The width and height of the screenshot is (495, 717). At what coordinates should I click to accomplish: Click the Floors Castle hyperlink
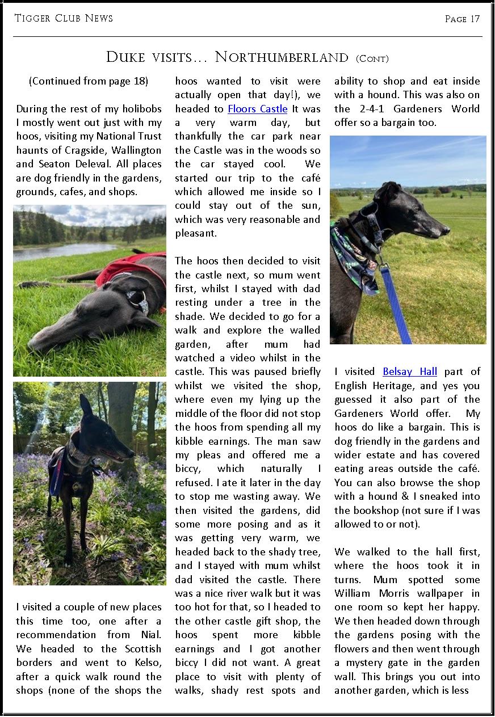click(x=257, y=109)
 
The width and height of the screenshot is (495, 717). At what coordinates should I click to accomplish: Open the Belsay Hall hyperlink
click(x=409, y=372)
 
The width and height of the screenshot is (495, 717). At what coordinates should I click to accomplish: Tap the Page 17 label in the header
click(x=462, y=19)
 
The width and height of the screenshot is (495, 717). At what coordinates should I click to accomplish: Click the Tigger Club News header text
click(x=64, y=18)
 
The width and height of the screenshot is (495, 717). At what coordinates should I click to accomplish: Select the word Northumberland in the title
click(x=282, y=57)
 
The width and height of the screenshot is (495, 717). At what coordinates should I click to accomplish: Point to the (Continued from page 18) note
click(x=88, y=81)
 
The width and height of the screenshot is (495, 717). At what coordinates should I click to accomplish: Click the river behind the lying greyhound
click(x=62, y=250)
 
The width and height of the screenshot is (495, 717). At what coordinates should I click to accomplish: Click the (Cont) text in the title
click(x=372, y=58)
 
